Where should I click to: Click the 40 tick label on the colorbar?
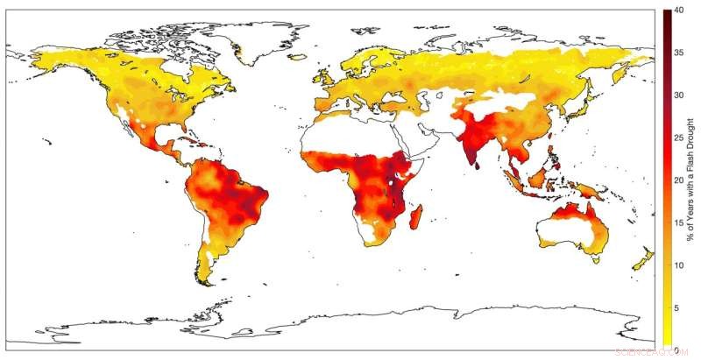679,11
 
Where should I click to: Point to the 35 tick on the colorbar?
678,53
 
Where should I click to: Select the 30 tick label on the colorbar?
678,95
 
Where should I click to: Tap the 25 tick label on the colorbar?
678,138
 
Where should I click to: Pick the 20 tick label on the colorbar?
678,180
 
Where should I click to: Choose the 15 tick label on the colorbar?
678,222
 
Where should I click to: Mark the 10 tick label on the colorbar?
678,265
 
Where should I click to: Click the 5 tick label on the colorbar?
676,307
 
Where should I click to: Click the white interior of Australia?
574,232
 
